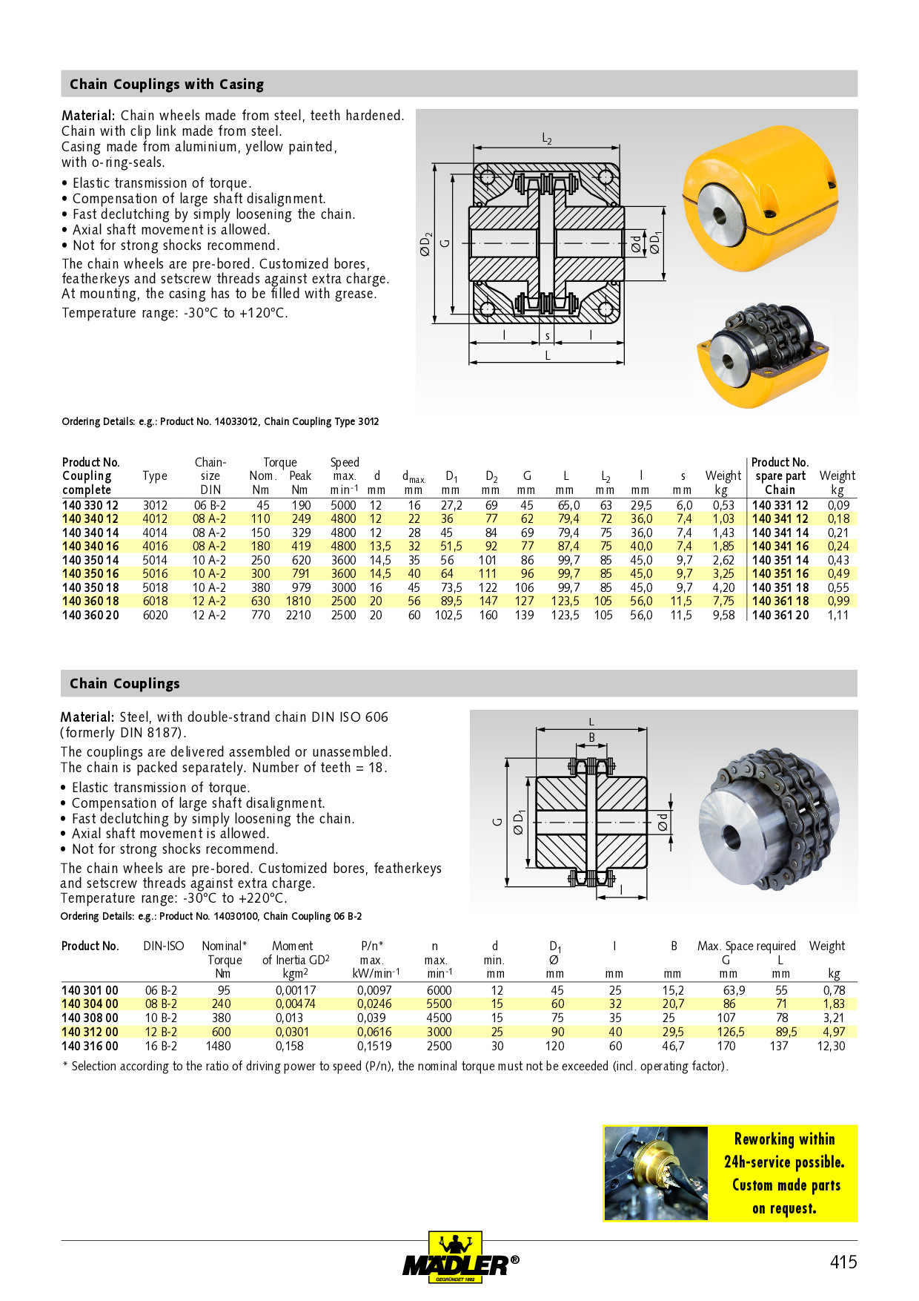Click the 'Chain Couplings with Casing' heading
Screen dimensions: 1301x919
167,85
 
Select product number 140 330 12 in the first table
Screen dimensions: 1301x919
90,505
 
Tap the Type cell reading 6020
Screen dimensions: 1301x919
155,615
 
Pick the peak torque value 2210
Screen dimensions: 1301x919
298,615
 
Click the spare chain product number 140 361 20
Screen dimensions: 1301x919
780,615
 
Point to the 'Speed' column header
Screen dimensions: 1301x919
345,462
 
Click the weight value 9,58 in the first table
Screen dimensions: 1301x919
723,615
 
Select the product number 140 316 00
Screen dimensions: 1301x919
90,1046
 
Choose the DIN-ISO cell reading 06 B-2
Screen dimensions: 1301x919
161,990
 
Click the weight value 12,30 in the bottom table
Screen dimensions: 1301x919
831,1046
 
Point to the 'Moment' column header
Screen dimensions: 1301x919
293,946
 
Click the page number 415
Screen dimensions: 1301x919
843,1262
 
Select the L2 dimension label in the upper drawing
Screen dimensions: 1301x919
547,139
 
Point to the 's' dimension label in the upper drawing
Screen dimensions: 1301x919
548,336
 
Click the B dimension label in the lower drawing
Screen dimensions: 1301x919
591,737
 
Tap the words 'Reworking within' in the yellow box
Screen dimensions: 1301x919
784,1139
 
